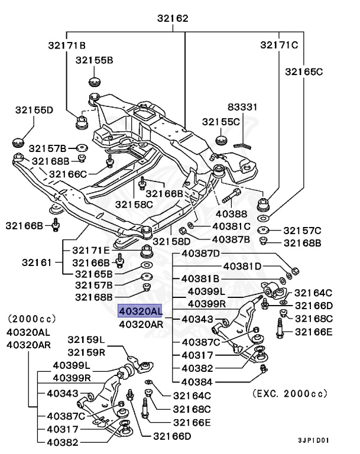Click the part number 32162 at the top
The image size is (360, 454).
click(x=173, y=18)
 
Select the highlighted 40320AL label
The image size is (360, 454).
click(x=140, y=311)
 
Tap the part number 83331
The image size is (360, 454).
click(x=243, y=107)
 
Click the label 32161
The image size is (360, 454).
click(x=37, y=262)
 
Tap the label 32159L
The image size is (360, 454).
click(x=86, y=340)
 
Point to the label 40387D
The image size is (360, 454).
click(x=201, y=254)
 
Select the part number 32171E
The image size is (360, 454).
click(x=92, y=251)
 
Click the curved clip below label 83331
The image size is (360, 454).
click(x=241, y=141)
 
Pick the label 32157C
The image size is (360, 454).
click(x=302, y=230)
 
